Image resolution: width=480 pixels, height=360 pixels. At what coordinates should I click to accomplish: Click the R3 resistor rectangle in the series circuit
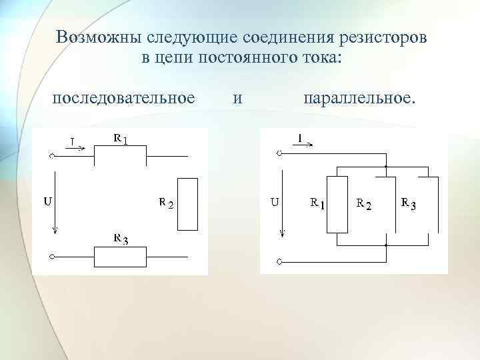tap(120, 256)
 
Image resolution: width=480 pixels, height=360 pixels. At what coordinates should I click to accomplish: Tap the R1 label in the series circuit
tap(120, 139)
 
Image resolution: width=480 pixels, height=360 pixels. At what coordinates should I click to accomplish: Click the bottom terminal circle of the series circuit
tap(52, 256)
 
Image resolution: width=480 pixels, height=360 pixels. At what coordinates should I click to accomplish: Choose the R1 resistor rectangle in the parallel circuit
tap(338, 204)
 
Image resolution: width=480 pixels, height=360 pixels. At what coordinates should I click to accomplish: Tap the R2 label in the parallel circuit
tap(364, 204)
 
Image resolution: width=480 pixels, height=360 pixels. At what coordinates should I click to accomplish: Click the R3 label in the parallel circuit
tap(409, 203)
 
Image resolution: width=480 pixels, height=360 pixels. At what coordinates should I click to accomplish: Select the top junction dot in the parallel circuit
tap(386, 165)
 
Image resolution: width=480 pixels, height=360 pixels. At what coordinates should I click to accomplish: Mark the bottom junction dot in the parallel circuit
tap(386, 245)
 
